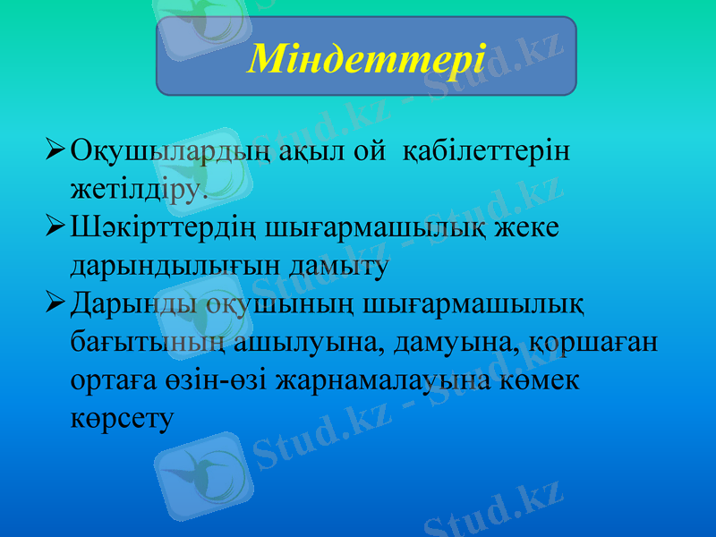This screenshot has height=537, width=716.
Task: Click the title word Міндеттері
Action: click(366, 58)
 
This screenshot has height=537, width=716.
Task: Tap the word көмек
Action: click(543, 380)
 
